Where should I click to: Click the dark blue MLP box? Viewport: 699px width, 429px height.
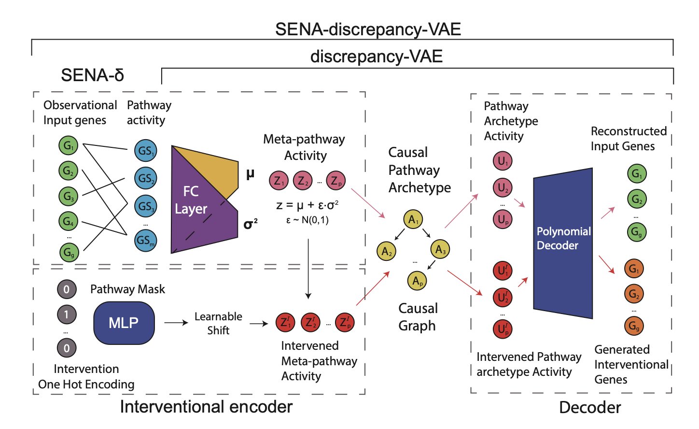click(124, 323)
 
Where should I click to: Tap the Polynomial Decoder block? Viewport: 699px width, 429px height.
click(563, 242)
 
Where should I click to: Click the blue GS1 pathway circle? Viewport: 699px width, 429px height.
click(145, 151)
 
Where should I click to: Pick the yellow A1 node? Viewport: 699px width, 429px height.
click(413, 220)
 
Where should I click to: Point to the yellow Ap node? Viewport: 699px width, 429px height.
click(417, 281)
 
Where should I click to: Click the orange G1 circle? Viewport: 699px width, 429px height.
click(634, 269)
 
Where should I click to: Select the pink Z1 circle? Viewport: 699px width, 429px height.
click(279, 181)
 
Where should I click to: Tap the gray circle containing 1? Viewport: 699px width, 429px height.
click(67, 315)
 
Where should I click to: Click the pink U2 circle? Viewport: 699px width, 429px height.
click(503, 187)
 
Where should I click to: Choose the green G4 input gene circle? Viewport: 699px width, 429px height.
click(68, 221)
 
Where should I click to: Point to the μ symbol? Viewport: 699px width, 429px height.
click(250, 174)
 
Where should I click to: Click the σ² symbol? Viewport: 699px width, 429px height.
click(250, 224)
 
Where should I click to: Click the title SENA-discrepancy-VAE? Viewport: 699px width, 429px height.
click(368, 29)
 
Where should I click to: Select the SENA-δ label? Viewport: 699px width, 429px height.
click(92, 75)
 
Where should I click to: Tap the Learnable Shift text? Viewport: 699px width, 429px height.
click(218, 323)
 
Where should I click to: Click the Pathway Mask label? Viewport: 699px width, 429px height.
click(127, 289)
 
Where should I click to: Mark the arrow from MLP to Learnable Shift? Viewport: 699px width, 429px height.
click(176, 323)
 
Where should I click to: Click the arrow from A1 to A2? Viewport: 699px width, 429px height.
click(400, 235)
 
